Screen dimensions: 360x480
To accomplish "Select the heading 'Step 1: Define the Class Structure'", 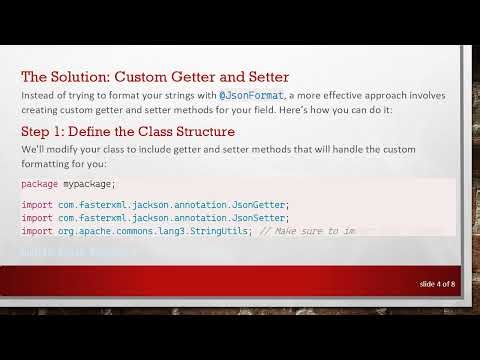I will [128, 131].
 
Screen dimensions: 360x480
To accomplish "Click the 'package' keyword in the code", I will [38, 184].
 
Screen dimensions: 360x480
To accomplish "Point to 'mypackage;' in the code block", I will [89, 184].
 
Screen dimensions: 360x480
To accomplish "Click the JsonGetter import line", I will [155, 205].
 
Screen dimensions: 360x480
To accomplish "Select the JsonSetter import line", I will [155, 218].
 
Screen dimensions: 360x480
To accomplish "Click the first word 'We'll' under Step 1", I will [32, 148].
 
